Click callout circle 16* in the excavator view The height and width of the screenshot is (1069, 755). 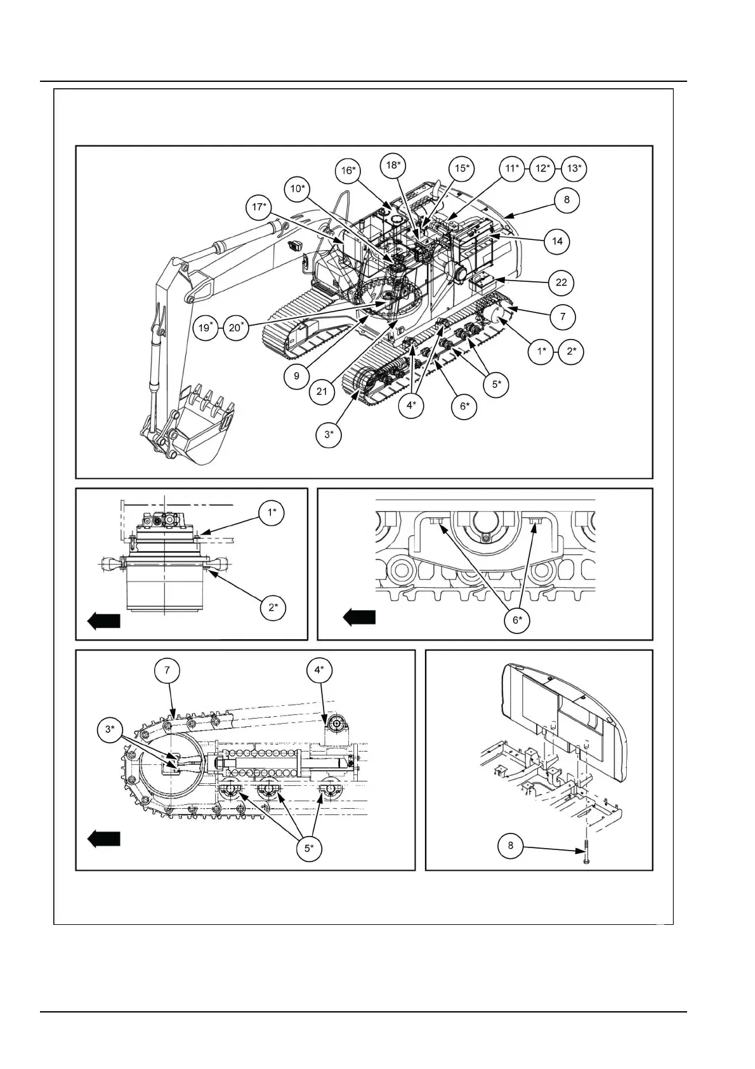click(348, 171)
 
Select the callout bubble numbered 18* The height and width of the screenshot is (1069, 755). click(393, 166)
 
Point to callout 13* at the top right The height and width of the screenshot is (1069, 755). click(574, 168)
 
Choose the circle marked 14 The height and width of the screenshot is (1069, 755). click(557, 241)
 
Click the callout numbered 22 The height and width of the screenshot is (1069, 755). click(561, 282)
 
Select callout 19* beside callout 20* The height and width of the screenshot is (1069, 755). click(206, 328)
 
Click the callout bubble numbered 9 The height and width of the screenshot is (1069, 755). click(297, 375)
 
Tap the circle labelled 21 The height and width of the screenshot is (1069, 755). click(322, 391)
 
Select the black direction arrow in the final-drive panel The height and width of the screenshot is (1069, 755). click(103, 621)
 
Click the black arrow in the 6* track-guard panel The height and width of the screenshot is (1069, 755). click(359, 617)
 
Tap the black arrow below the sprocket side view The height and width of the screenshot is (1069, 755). click(103, 839)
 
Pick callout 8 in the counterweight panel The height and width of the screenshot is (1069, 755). click(511, 846)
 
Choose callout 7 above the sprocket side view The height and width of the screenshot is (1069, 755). click(167, 670)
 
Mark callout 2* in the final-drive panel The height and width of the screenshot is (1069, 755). click(273, 607)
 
